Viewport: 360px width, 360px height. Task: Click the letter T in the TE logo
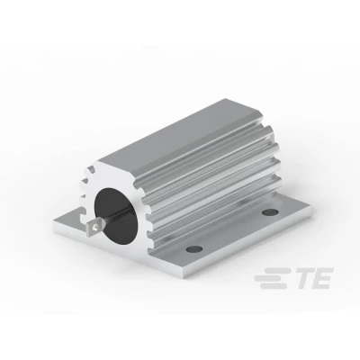(x=303, y=279)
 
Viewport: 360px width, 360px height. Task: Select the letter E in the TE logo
(x=321, y=279)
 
